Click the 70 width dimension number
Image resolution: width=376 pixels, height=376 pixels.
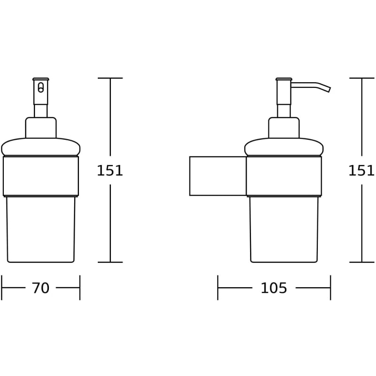[x=40, y=288]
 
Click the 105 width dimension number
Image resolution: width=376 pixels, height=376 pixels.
[x=274, y=288]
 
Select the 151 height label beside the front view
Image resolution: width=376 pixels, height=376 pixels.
[x=110, y=171]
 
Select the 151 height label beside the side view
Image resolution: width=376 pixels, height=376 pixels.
[x=361, y=171]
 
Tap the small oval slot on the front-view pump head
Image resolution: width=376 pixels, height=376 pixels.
[x=41, y=87]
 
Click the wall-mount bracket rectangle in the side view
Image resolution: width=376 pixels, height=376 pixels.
[x=218, y=176]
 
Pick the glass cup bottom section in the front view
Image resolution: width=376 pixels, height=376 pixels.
[x=41, y=229]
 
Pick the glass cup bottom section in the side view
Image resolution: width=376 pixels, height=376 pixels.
[x=284, y=229]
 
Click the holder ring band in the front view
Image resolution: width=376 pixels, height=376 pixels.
[x=41, y=176]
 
